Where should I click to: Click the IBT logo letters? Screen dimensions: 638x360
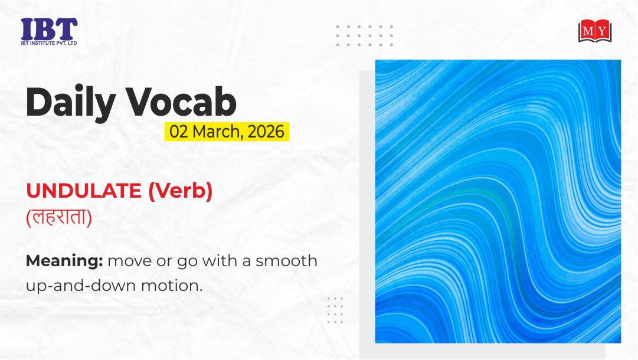point(49,29)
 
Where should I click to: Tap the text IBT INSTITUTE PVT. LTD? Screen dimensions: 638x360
point(49,42)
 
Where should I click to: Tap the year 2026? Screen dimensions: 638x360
point(266,132)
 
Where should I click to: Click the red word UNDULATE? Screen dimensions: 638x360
point(84,191)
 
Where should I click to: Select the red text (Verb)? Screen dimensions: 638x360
point(180,191)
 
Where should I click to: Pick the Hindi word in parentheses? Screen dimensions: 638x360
point(59,217)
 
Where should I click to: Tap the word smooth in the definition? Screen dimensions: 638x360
point(286,261)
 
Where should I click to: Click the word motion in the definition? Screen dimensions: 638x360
point(172,286)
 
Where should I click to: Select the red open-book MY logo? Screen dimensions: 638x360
point(595,31)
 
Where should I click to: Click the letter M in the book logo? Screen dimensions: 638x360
point(588,31)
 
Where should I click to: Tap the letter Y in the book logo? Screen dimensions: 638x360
point(602,31)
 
